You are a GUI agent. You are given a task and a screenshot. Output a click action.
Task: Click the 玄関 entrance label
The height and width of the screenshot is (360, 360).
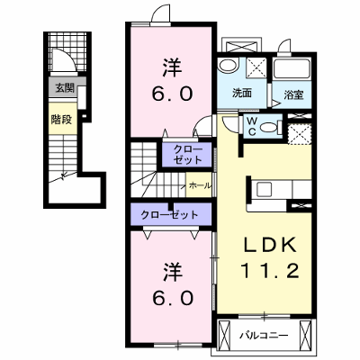[65, 88]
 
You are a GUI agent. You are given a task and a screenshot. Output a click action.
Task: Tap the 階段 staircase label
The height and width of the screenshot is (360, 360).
[61, 120]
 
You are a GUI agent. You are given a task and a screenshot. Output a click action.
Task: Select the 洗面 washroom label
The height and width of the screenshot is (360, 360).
[242, 94]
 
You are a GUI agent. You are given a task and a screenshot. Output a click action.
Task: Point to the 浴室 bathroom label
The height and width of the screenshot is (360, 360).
[294, 95]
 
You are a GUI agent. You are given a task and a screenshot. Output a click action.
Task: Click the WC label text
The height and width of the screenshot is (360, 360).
[252, 126]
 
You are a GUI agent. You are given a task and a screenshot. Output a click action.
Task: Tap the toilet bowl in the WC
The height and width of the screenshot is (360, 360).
[269, 128]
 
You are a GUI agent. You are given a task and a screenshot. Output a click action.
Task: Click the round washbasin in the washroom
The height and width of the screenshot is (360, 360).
[227, 65]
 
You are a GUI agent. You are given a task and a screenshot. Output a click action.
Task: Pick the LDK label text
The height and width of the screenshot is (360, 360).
[269, 244]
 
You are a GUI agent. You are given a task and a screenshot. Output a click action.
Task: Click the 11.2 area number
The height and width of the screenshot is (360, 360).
[269, 271]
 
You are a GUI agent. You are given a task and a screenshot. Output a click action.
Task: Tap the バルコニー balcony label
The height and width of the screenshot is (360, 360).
[264, 335]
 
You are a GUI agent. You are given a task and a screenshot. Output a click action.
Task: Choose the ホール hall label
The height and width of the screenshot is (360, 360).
[200, 185]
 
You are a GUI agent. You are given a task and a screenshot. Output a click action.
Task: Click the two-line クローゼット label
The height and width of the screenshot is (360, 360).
[188, 155]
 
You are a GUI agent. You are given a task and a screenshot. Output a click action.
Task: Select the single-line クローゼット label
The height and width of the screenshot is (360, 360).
[170, 215]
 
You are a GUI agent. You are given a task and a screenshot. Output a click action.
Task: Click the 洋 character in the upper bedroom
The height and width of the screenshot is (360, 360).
[172, 67]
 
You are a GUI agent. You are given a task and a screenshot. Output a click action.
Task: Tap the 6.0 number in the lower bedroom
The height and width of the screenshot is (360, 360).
[172, 299]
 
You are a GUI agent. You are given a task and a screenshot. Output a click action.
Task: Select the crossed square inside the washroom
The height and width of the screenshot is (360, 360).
[256, 68]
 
